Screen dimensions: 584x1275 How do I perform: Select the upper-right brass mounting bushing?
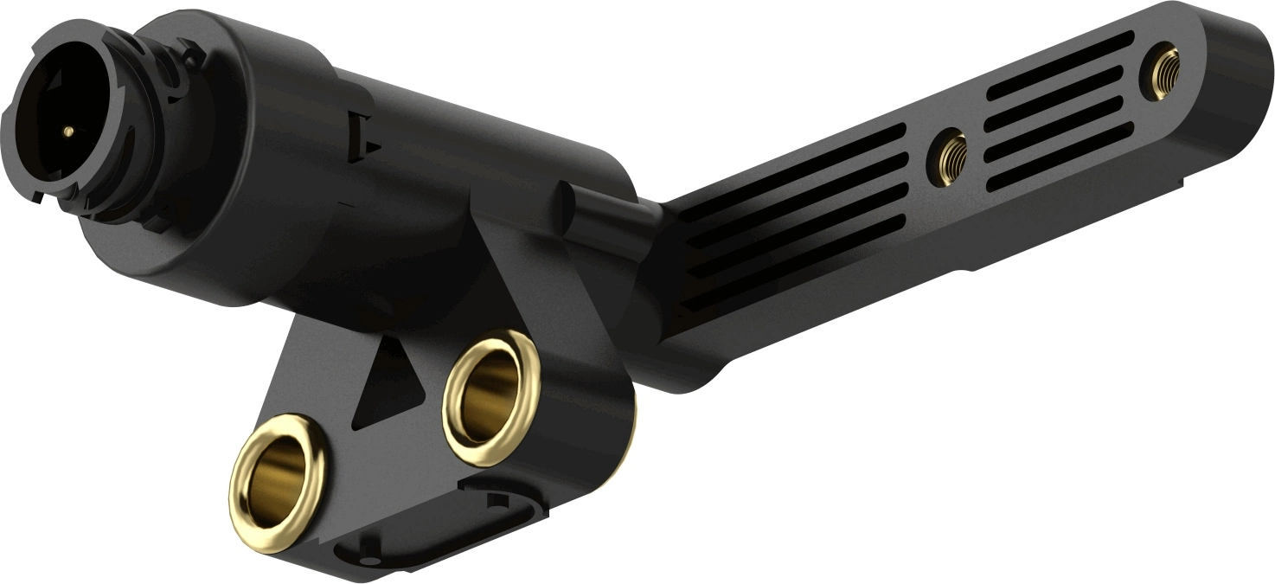tap(490, 397)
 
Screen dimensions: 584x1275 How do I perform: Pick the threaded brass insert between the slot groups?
tap(951, 157)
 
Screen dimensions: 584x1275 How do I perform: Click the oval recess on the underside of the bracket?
tap(441, 532)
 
